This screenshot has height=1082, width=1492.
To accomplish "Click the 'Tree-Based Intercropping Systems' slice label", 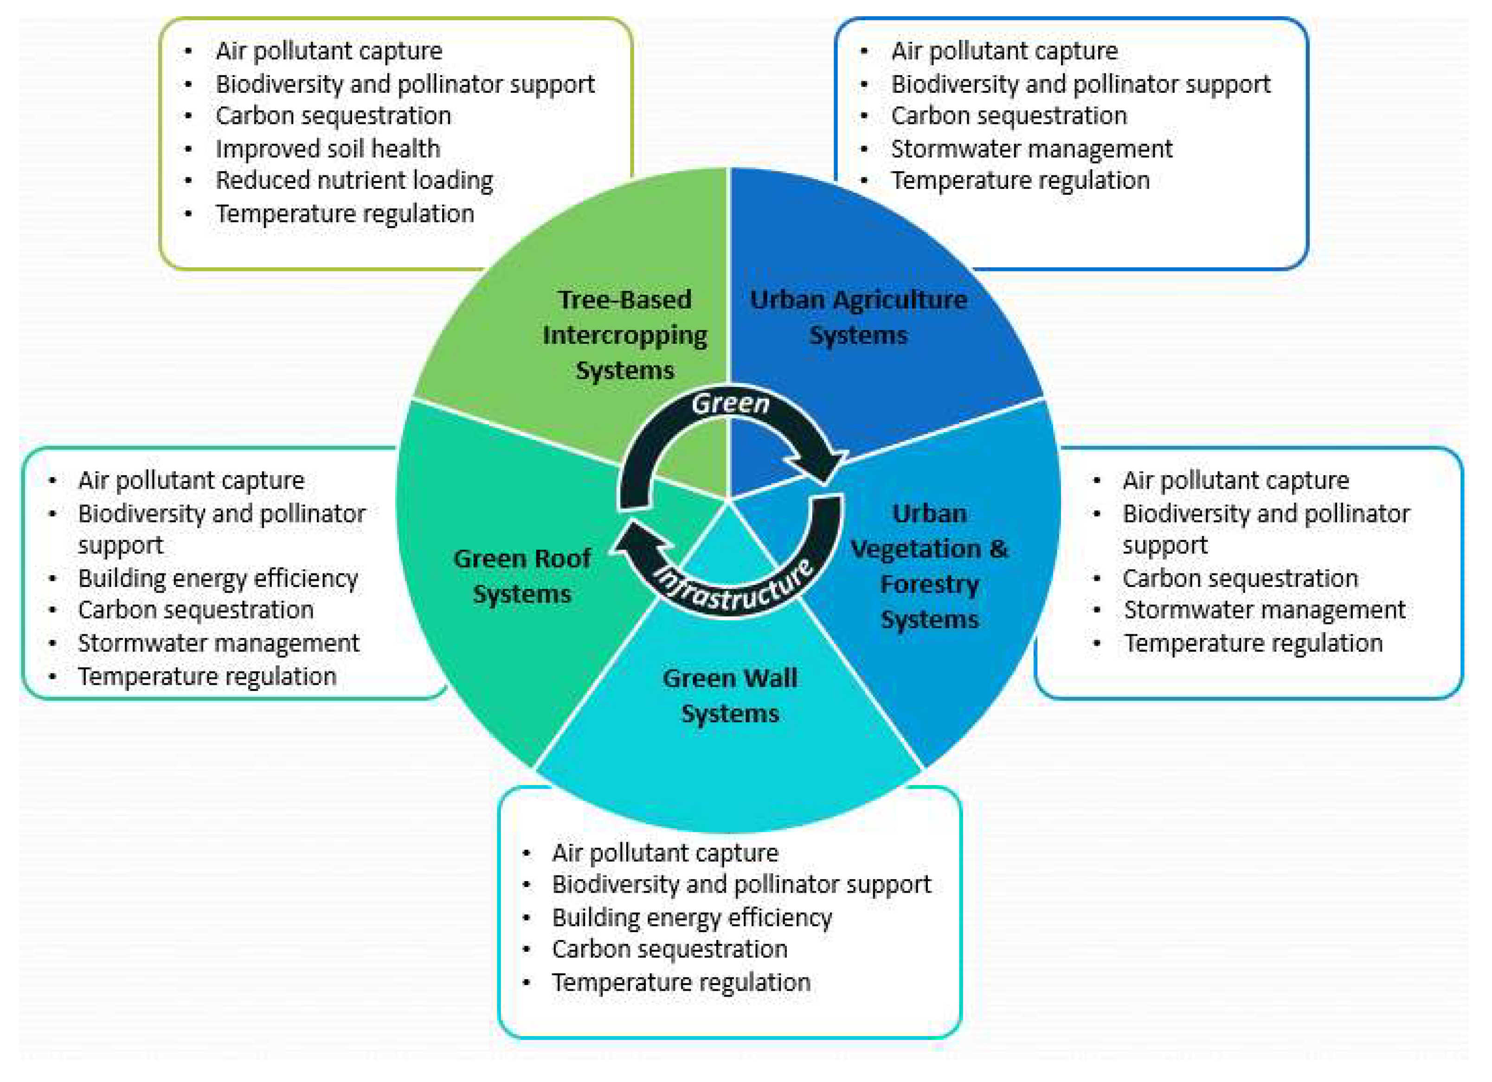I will [x=624, y=335].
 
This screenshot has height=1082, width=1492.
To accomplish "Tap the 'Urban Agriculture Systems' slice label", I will [x=858, y=317].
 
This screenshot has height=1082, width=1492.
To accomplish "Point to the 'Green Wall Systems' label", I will [x=730, y=695].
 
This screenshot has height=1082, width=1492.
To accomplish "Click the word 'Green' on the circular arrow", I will [x=730, y=403].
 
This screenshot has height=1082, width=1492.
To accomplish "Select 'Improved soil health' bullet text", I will [x=328, y=148].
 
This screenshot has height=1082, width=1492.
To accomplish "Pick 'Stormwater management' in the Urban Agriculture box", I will [x=1031, y=148].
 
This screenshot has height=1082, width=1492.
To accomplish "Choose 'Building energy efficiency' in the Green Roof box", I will [x=218, y=578].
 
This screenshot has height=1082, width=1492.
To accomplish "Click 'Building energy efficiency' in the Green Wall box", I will [x=692, y=917].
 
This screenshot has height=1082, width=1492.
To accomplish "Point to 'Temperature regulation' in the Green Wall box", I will [x=681, y=982].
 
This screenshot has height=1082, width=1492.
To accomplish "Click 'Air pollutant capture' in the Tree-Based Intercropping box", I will [x=329, y=51].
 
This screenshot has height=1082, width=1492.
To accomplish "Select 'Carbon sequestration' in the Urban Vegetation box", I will [x=1240, y=578].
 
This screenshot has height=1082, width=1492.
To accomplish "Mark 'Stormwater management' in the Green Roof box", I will [x=219, y=643].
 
